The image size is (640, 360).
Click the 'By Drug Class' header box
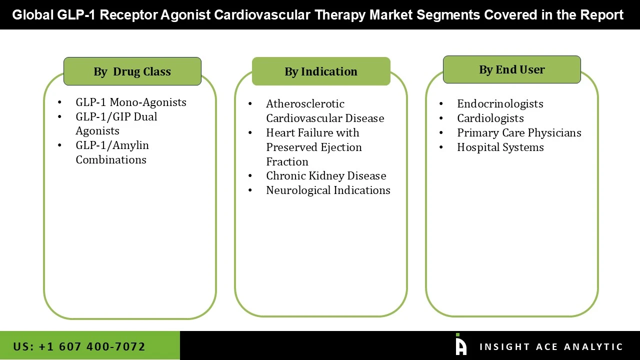132,71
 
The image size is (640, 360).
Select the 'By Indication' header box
321,71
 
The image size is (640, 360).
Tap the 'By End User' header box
511,69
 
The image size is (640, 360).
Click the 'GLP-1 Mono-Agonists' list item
131,102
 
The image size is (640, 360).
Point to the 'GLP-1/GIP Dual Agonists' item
116,123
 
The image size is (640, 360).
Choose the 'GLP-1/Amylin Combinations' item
112,152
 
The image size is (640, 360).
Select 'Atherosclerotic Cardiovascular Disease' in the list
325,111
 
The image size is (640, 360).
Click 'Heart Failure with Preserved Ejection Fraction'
313,147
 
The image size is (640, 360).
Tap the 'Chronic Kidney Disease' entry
326,175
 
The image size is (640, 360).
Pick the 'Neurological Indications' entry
328,190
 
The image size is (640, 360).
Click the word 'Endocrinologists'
500,103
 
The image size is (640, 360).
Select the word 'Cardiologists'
490,118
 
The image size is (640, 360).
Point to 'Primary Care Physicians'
519,132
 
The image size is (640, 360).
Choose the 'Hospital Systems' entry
500,147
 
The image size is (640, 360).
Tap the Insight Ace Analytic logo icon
460,345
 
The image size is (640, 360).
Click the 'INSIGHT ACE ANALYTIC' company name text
551,346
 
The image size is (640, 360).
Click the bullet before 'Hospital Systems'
441,147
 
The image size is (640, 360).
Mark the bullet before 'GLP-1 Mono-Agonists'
59,102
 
